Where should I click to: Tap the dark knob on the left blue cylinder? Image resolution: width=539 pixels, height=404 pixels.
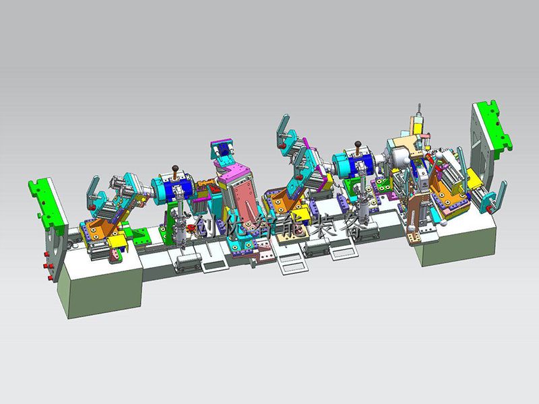pyautogui.click(x=176, y=168)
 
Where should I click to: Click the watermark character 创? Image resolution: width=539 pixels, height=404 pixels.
pyautogui.click(x=208, y=226)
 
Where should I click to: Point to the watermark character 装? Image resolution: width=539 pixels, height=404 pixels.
pyautogui.click(x=325, y=226)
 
